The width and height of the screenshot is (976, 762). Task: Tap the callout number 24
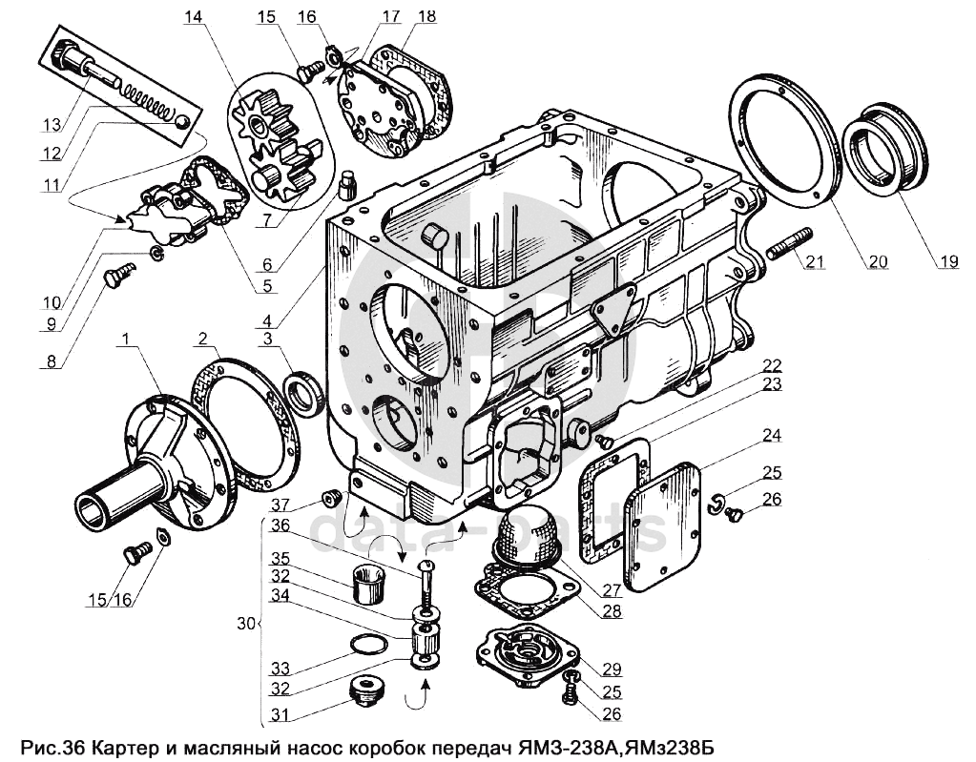(x=770, y=437)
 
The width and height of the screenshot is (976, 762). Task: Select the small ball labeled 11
(x=180, y=119)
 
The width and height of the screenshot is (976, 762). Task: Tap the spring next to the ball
(x=148, y=98)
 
